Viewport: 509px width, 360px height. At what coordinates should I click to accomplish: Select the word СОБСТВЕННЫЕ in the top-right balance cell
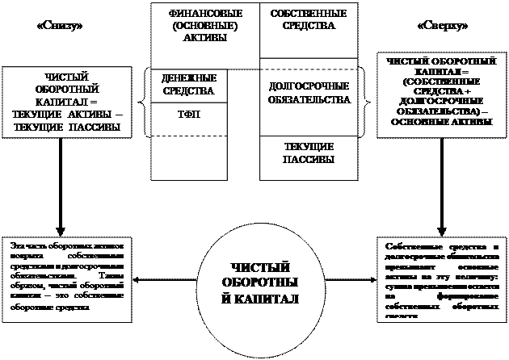click(x=304, y=14)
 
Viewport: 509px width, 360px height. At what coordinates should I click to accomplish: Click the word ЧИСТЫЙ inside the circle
click(x=259, y=267)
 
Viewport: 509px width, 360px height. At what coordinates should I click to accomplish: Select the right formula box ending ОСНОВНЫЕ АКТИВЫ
click(x=441, y=91)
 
